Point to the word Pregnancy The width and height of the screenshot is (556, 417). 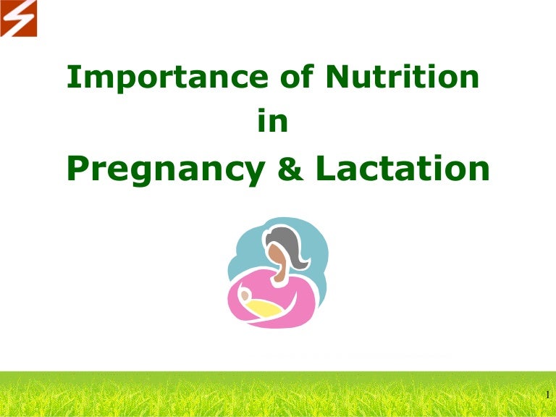(162, 169)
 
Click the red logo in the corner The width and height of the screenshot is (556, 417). (18, 18)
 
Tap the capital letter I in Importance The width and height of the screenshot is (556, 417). (71, 78)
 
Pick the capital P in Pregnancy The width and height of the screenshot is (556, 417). (76, 169)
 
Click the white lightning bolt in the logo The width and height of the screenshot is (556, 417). (18, 18)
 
